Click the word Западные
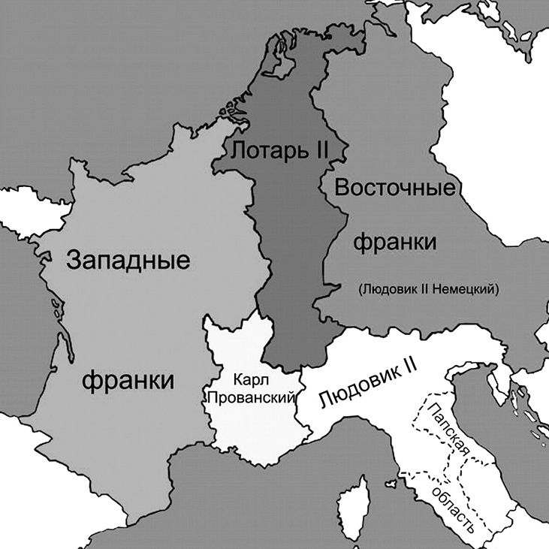pyautogui.click(x=127, y=263)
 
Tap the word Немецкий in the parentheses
pyautogui.click(x=467, y=288)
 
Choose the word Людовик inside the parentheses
pyautogui.click(x=382, y=288)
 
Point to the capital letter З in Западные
pyautogui.click(x=74, y=262)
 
